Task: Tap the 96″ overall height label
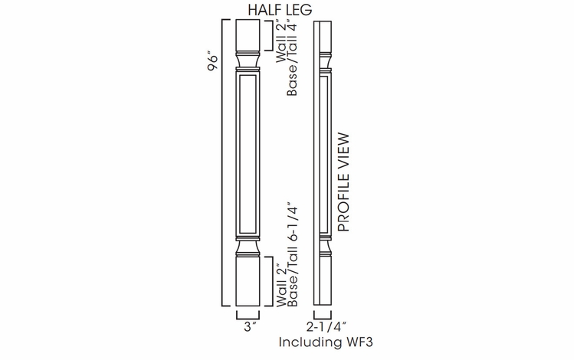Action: (x=213, y=63)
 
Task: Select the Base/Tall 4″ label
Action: (x=293, y=60)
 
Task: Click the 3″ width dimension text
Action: (x=248, y=326)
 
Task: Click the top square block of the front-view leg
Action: (x=248, y=34)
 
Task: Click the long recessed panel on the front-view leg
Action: (x=248, y=153)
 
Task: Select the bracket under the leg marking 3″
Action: (x=248, y=314)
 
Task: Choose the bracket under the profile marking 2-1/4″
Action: (x=323, y=314)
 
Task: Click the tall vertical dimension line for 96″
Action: (x=223, y=161)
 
